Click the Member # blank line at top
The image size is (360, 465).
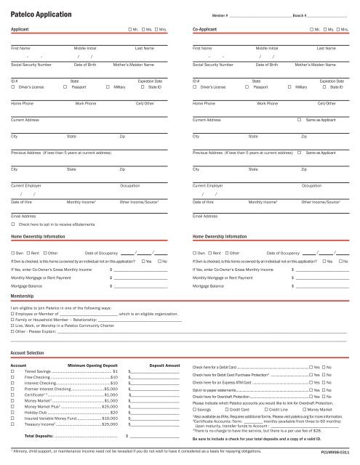[x=261, y=15]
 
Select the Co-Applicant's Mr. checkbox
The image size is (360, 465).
[x=311, y=31]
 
